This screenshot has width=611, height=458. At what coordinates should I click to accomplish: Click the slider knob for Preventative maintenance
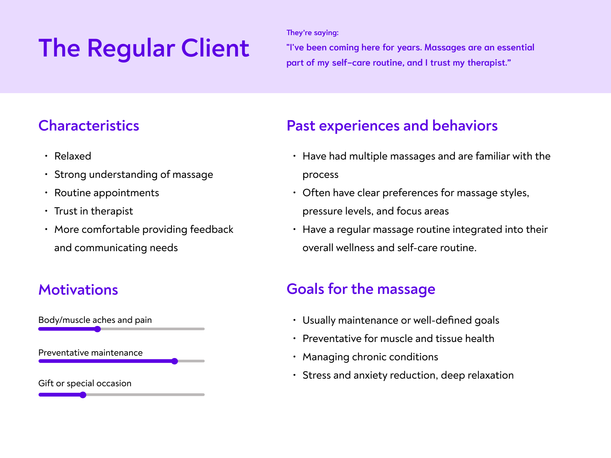(175, 361)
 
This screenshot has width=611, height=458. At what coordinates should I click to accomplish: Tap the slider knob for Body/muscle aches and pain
(97, 329)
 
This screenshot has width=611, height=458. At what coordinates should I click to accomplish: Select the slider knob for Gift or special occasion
(83, 395)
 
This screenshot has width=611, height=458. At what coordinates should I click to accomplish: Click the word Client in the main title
(215, 48)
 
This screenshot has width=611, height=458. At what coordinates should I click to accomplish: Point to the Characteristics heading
(89, 126)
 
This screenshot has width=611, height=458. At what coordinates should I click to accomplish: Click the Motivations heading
(78, 290)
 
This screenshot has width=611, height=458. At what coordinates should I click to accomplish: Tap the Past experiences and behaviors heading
(392, 126)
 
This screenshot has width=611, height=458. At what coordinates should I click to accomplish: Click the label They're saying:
(312, 33)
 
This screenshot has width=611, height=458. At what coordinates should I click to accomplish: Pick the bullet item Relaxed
(73, 156)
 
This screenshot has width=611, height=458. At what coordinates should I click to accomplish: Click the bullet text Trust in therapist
(94, 211)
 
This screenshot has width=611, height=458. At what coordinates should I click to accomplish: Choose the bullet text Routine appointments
(107, 193)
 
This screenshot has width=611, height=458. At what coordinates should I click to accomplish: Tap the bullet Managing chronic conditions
(370, 357)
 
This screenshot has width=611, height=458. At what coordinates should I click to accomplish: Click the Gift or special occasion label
(85, 383)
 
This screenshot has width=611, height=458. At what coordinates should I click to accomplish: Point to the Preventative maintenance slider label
(91, 353)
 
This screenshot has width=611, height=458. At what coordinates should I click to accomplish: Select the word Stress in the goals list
(316, 375)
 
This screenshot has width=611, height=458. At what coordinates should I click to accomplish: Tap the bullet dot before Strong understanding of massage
(46, 174)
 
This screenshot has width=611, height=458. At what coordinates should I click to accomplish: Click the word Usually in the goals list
(319, 320)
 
